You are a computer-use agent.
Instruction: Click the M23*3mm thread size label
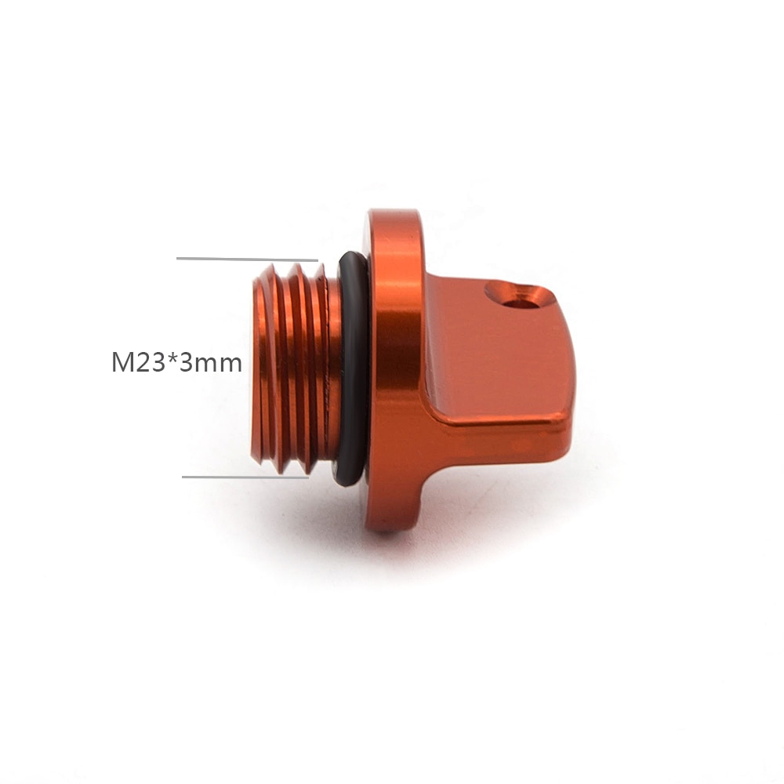pyautogui.click(x=176, y=362)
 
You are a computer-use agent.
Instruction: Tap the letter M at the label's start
pyautogui.click(x=121, y=362)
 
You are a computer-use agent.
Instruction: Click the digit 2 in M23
pyautogui.click(x=141, y=362)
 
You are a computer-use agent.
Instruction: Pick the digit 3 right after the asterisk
pyautogui.click(x=186, y=362)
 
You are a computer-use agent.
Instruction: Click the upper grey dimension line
pyautogui.click(x=247, y=259)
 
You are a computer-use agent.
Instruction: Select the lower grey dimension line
pyautogui.click(x=245, y=477)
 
